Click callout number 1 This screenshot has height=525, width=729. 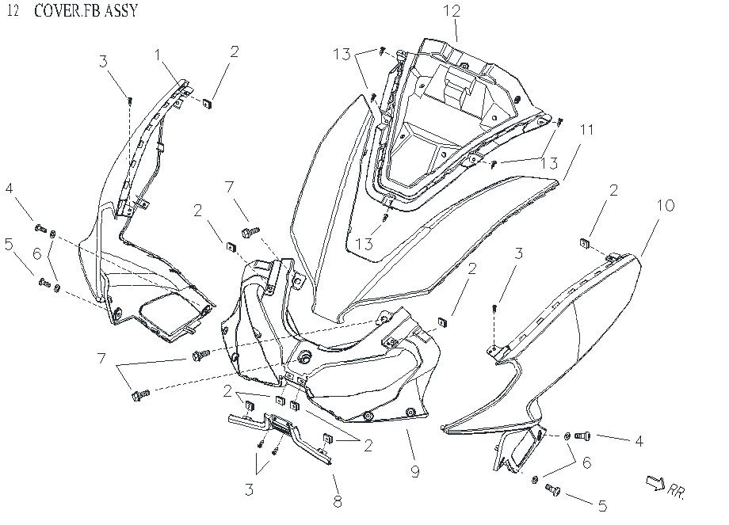click(x=158, y=54)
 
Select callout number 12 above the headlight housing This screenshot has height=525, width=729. click(x=451, y=11)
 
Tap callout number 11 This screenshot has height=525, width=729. click(x=586, y=129)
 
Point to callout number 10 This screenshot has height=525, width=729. click(x=666, y=206)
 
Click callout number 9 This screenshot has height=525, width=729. click(x=414, y=473)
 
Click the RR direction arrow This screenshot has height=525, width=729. click(x=656, y=482)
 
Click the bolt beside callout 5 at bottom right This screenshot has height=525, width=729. click(x=552, y=491)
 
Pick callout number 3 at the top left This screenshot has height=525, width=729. click(x=103, y=62)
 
